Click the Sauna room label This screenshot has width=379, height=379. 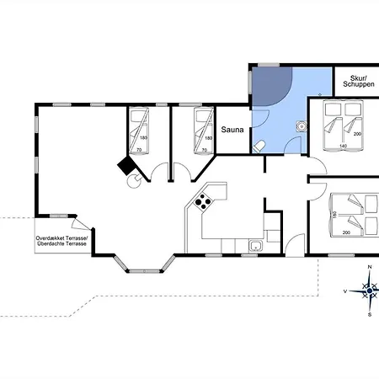232,130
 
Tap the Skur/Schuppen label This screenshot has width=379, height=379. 359,81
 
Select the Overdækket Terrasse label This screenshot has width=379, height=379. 61,238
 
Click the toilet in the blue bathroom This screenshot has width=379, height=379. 259,147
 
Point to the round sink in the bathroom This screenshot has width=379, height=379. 302,126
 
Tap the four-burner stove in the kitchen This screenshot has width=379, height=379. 203,201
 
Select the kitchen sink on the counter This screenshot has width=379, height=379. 255,246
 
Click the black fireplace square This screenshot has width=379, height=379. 126,166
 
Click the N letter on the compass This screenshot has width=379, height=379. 370,267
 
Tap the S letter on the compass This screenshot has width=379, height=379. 370,315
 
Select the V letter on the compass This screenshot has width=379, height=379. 345,291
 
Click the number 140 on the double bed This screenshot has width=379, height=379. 343,146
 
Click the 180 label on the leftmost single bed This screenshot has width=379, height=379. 143,138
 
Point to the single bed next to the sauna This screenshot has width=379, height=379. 204,131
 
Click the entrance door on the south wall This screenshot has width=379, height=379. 295,245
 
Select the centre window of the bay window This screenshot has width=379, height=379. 144,271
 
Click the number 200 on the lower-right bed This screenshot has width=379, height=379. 346,232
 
